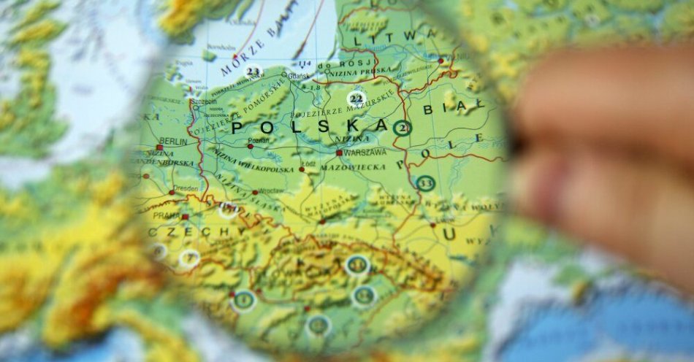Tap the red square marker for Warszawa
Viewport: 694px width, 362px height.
click(x=339, y=153)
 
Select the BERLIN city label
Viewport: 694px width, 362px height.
click(x=172, y=141)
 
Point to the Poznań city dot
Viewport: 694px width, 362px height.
click(x=250, y=146)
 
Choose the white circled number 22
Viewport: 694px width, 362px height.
click(x=356, y=98)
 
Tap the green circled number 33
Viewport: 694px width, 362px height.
click(x=426, y=182)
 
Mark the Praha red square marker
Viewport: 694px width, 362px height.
click(x=185, y=217)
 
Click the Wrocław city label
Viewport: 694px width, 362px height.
click(x=272, y=190)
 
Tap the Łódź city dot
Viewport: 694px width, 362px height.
click(x=301, y=169)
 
